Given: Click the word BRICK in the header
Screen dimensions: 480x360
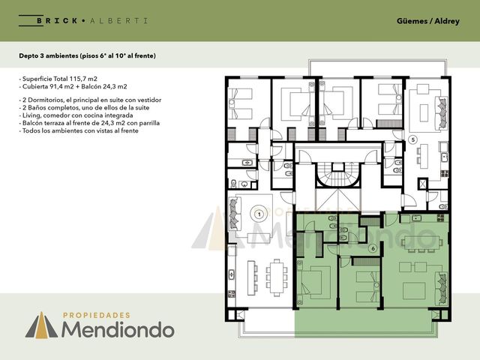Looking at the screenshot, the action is (57, 21).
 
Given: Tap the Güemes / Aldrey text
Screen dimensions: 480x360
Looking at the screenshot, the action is (428, 21).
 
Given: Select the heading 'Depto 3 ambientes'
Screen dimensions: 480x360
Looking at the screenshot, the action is (48, 55).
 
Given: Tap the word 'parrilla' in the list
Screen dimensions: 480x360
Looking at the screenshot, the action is (149, 123).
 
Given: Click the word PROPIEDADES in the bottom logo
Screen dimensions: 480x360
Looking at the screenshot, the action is (97, 315).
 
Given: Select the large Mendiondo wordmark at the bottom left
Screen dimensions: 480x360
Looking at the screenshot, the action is (118, 330).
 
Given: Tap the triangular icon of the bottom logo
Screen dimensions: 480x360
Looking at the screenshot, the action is (41, 325).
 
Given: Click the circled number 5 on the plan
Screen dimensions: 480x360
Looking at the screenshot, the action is (413, 140).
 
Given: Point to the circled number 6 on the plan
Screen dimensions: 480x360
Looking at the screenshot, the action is (373, 248).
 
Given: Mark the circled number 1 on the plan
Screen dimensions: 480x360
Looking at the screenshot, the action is (259, 214).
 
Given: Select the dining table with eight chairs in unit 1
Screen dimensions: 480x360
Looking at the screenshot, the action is (277, 277).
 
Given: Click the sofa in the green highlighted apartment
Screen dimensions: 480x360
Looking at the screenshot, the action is (442, 288).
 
